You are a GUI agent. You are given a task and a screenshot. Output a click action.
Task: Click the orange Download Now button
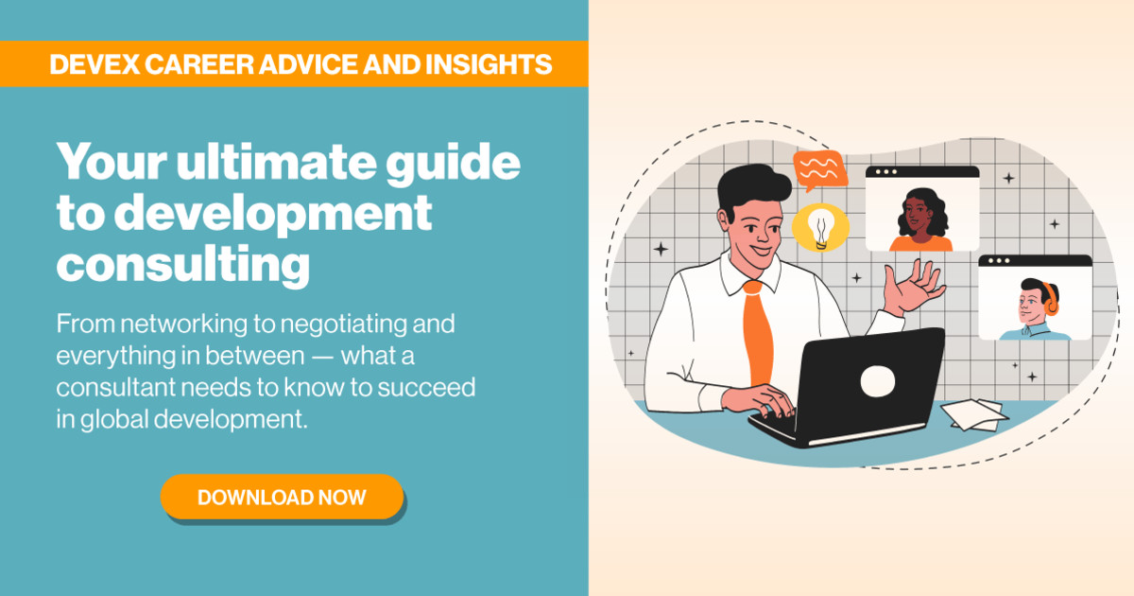(x=282, y=497)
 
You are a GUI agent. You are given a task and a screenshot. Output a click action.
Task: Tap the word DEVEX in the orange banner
(x=96, y=64)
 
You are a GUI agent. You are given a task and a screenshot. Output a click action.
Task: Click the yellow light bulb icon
(x=820, y=228)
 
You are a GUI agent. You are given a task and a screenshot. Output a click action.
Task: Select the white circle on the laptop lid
(x=876, y=380)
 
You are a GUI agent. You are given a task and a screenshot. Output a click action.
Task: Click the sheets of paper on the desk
(x=972, y=413)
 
